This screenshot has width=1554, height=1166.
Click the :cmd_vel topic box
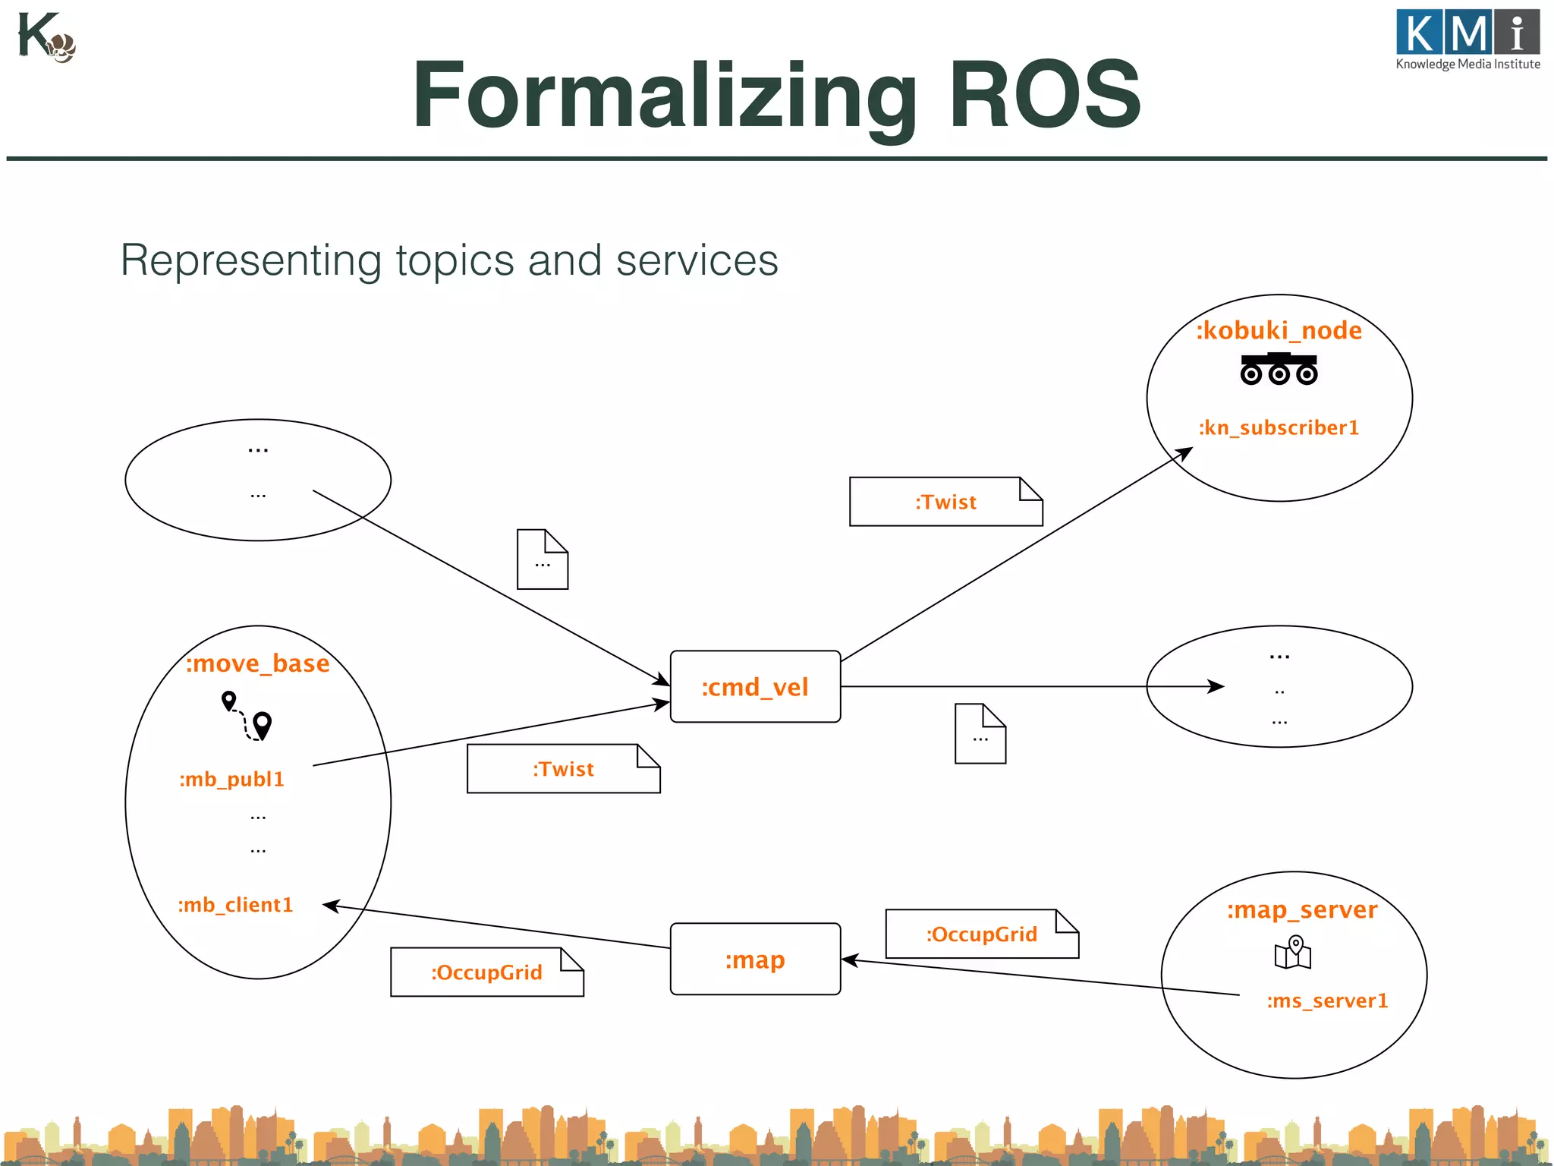pyautogui.click(x=755, y=687)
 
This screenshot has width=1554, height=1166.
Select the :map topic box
pyautogui.click(x=755, y=960)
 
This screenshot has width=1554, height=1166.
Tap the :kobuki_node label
pyautogui.click(x=1279, y=331)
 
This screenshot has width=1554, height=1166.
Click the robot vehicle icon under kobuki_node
pyautogui.click(x=1279, y=369)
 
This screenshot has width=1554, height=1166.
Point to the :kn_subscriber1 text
pyautogui.click(x=1279, y=428)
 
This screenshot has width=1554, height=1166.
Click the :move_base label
pyautogui.click(x=258, y=663)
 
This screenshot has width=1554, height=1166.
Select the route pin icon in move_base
pyautogui.click(x=247, y=715)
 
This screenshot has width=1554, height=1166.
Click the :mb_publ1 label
pyautogui.click(x=231, y=780)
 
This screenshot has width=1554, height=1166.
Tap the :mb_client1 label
pyautogui.click(x=235, y=905)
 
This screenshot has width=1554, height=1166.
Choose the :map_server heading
pyautogui.click(x=1302, y=909)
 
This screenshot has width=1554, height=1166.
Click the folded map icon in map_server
pyautogui.click(x=1293, y=953)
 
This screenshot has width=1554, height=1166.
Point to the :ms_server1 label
pyautogui.click(x=1327, y=1001)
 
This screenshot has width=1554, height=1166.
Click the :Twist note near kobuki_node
pyautogui.click(x=945, y=502)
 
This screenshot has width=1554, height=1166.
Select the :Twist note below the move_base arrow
pyautogui.click(x=563, y=769)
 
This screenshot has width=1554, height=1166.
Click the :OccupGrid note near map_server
pyautogui.click(x=981, y=934)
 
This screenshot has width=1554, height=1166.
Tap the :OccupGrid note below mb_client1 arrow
pyautogui.click(x=486, y=972)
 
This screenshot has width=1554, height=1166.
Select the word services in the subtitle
pyautogui.click(x=697, y=260)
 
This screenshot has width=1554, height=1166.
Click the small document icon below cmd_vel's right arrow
pyautogui.click(x=980, y=734)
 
